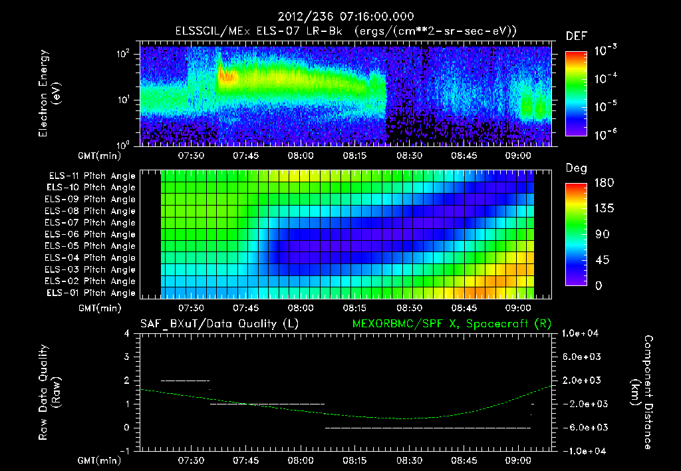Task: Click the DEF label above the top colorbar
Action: click(576, 36)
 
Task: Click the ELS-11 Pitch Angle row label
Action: click(92, 176)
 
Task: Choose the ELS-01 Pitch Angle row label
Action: click(92, 293)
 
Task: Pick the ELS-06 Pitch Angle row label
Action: click(92, 235)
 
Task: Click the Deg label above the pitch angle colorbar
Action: click(576, 168)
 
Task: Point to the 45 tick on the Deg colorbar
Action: click(599, 260)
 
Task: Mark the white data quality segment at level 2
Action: click(186, 381)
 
